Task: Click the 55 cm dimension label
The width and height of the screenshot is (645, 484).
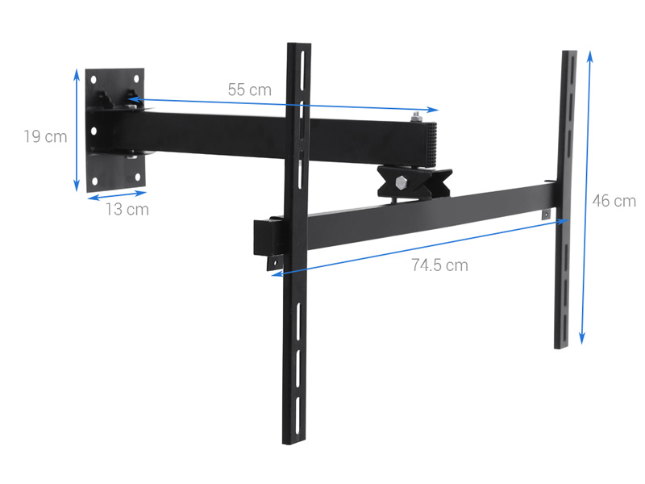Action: pos(249,90)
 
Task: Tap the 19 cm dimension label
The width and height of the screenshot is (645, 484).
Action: pos(45,136)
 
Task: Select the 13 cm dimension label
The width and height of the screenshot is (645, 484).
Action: pos(127,209)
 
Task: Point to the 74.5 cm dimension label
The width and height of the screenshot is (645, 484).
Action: pos(439,265)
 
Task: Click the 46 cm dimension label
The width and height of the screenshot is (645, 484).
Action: pos(614,201)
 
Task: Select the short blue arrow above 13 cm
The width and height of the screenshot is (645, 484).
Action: pos(118,194)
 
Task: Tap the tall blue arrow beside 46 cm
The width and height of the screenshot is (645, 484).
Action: pos(586,198)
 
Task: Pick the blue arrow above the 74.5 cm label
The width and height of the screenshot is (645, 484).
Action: pos(419,246)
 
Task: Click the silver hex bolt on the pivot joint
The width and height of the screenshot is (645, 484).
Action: pos(401,181)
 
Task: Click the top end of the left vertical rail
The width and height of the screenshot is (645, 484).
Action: pos(298,47)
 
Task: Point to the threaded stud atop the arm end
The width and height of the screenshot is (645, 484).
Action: pos(414,119)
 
